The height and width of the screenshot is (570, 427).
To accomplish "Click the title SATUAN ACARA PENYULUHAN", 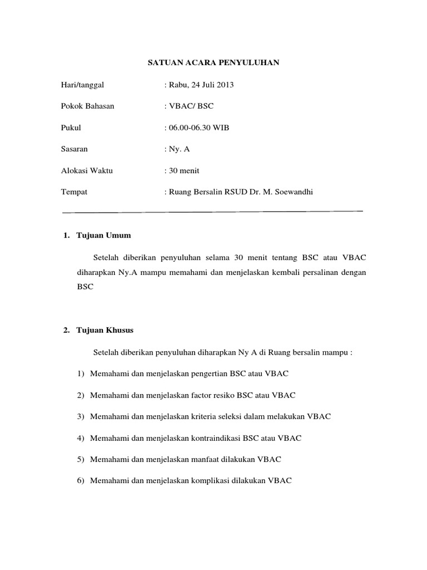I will pyautogui.click(x=213, y=64).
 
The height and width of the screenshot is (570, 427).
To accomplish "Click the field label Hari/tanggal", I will pyautogui.click(x=82, y=85).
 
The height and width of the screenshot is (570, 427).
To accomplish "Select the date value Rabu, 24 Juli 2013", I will pyautogui.click(x=201, y=85).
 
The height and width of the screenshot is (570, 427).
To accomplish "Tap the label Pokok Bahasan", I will pyautogui.click(x=87, y=106).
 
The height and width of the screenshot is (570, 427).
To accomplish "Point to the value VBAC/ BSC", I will pyautogui.click(x=191, y=106).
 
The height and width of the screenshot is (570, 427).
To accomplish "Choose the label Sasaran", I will pyautogui.click(x=74, y=149).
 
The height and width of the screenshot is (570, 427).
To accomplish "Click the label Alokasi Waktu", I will pyautogui.click(x=87, y=171).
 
